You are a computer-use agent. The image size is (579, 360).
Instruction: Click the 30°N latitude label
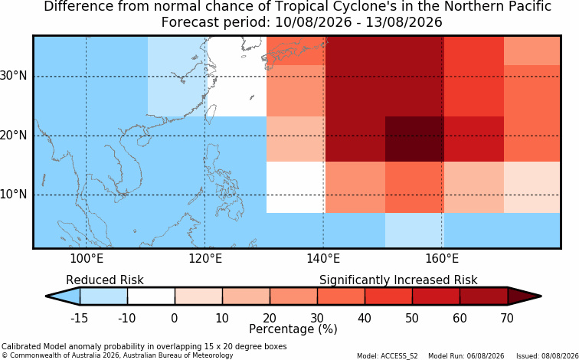[x=14, y=76]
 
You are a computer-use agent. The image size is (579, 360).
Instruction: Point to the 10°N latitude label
[x=14, y=195]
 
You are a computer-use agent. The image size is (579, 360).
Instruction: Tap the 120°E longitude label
[x=205, y=259]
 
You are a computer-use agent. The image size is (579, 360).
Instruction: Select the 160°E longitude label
[x=442, y=259]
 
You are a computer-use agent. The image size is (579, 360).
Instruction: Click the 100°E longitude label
[x=87, y=259]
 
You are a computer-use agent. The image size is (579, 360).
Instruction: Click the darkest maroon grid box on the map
[x=414, y=139]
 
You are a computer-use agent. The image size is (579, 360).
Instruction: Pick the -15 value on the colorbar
[x=79, y=318]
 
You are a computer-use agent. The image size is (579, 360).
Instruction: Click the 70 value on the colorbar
[x=507, y=318]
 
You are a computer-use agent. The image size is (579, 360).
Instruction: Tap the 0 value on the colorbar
[x=175, y=318]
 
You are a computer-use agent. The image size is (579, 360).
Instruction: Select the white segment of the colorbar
[x=151, y=296]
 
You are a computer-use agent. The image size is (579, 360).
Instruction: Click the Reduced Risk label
[x=105, y=280]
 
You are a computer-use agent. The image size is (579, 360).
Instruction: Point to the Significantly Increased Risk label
[x=398, y=280]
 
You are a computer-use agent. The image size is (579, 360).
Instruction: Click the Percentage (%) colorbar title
[x=293, y=329]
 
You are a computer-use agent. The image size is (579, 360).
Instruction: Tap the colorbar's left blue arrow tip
[x=46, y=296]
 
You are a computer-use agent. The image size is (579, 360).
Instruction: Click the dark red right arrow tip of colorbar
[x=541, y=296]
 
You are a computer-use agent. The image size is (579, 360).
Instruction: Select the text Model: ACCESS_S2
[x=388, y=356]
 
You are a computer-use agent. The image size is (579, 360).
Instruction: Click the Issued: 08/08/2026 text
[x=548, y=356]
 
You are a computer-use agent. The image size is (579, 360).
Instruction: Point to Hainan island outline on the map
[x=143, y=141]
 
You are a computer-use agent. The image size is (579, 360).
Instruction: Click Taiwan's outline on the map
[x=211, y=114]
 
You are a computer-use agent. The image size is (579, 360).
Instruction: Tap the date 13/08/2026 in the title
[x=404, y=21]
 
